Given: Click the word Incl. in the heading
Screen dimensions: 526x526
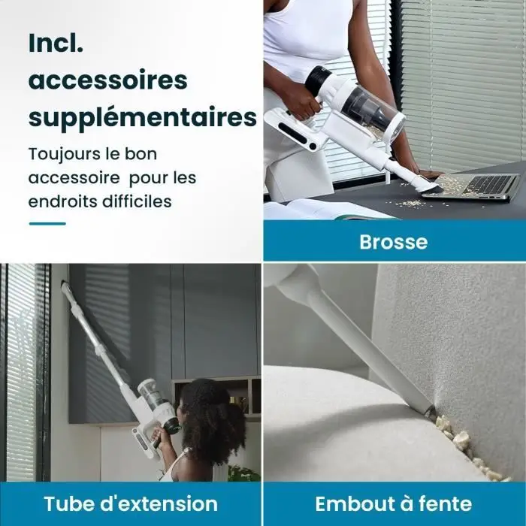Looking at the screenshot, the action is point(56,43).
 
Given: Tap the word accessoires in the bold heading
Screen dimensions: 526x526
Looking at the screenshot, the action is point(107,80).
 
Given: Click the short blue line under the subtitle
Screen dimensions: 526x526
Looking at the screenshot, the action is point(47,223).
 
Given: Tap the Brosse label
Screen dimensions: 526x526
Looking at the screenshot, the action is point(394,241).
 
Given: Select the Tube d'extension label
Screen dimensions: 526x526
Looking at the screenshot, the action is point(131,504).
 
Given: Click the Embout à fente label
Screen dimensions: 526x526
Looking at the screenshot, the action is point(394,504).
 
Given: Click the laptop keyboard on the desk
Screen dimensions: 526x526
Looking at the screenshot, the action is point(490,184).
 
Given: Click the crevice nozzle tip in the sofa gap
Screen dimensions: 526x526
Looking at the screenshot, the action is point(430,411).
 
